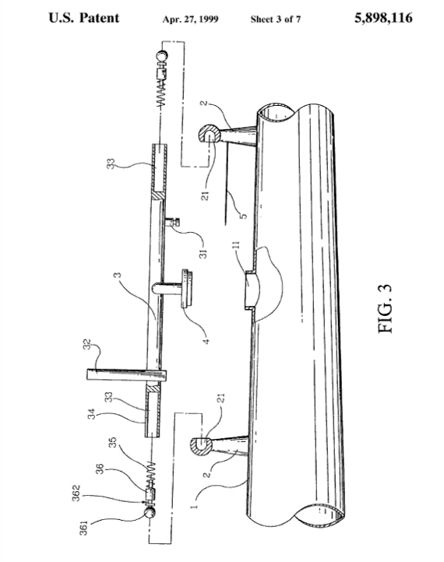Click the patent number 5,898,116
[x=383, y=18]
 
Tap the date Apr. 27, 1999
[x=190, y=19]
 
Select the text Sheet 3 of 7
[x=276, y=19]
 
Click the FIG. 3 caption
[x=385, y=309]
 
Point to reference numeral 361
[x=83, y=528]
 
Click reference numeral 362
[x=76, y=494]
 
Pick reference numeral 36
[x=100, y=469]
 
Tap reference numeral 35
[x=113, y=442]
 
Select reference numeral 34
[x=92, y=414]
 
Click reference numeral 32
[x=86, y=345]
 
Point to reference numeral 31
[x=203, y=254]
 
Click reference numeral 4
[x=206, y=341]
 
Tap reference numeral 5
[x=243, y=216]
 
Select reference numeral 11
[x=236, y=247]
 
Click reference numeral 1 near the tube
[x=195, y=506]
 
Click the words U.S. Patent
[x=84, y=18]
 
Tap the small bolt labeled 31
[x=172, y=222]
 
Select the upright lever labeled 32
[x=127, y=375]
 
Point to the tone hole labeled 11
[x=251, y=290]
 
